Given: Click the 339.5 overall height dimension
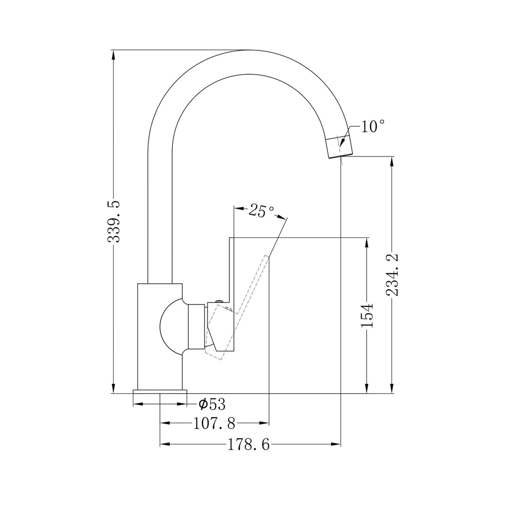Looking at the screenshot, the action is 114,222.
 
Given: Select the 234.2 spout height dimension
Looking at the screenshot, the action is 392,275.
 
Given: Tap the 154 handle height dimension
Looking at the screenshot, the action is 367,315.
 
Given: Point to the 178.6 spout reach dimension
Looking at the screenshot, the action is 248,445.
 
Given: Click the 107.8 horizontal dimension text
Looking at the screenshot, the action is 214,423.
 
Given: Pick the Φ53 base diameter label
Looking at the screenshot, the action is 212,404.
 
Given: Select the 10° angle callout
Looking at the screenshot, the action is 372,127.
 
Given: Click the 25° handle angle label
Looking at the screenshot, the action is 262,211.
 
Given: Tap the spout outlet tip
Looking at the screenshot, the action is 340,156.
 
